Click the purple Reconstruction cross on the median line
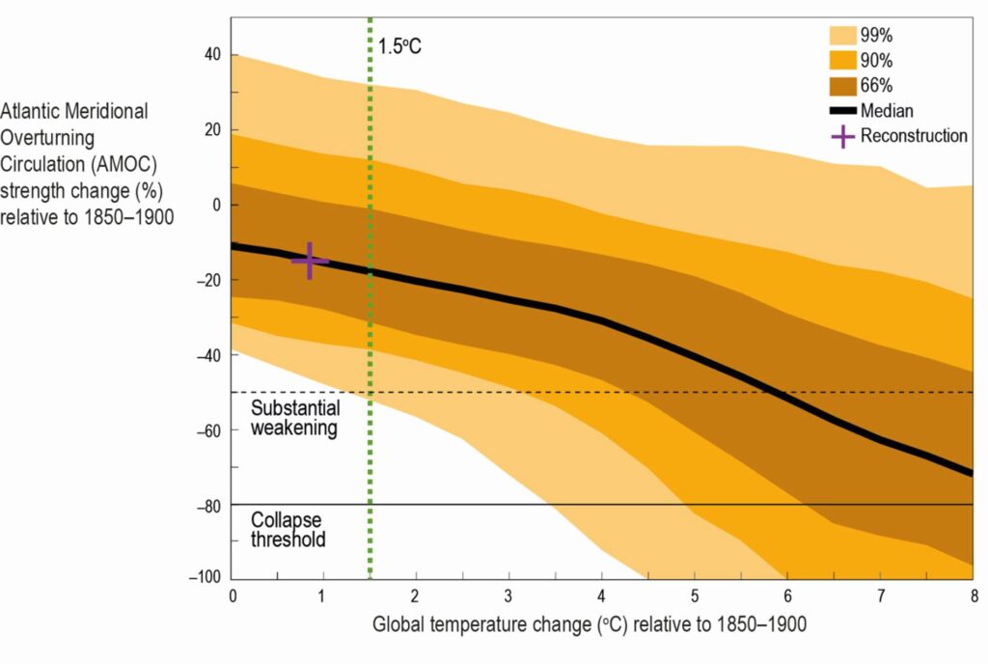(x=310, y=261)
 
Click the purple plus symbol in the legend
(x=843, y=136)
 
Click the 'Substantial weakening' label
(x=295, y=418)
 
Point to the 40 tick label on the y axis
(x=213, y=55)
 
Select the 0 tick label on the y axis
(x=218, y=205)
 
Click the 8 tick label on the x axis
(x=972, y=595)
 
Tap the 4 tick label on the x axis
(x=602, y=595)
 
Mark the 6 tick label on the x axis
(x=786, y=595)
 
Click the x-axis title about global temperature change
(x=590, y=624)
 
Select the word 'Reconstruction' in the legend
(x=914, y=136)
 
